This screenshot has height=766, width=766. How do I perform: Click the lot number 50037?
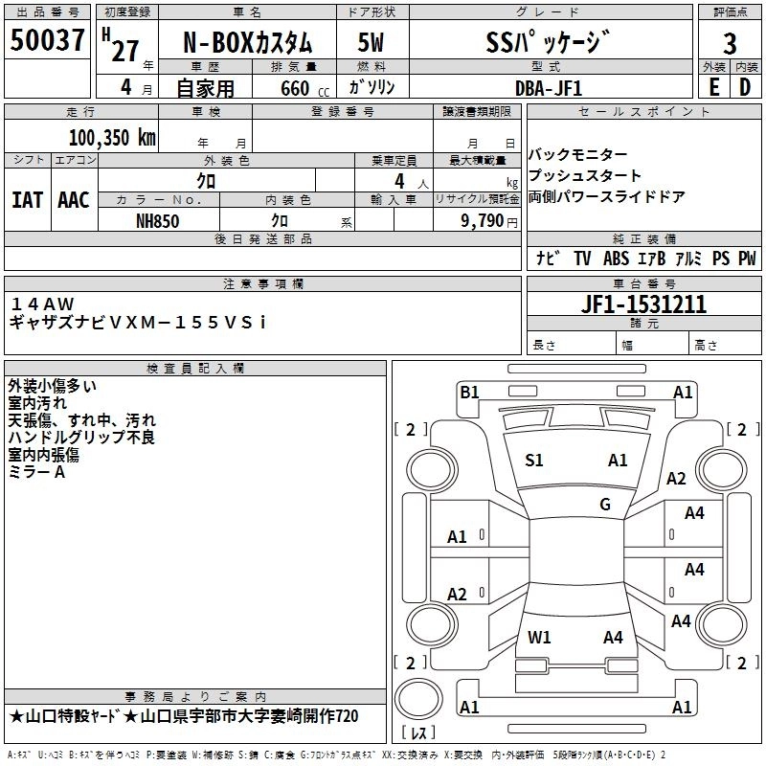tap(48, 42)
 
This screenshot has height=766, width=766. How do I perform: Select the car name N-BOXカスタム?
tap(247, 44)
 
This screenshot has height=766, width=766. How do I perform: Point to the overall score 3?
tap(730, 44)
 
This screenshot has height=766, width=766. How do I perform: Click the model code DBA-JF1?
tap(548, 88)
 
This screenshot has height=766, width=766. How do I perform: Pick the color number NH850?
tap(158, 220)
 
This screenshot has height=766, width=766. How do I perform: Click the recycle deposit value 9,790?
tap(484, 220)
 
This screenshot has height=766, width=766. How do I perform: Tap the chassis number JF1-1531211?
tap(644, 304)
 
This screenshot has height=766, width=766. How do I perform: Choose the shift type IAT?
tap(27, 200)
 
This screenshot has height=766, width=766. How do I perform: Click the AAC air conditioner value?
tap(74, 200)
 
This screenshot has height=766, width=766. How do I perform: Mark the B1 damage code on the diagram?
tap(469, 392)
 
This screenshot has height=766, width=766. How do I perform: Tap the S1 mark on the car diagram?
tap(534, 461)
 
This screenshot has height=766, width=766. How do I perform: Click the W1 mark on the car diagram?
tap(539, 637)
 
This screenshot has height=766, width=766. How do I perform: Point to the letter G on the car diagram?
tap(605, 505)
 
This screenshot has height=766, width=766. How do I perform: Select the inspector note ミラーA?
tap(37, 472)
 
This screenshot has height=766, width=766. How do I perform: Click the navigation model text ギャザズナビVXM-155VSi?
tap(138, 323)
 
